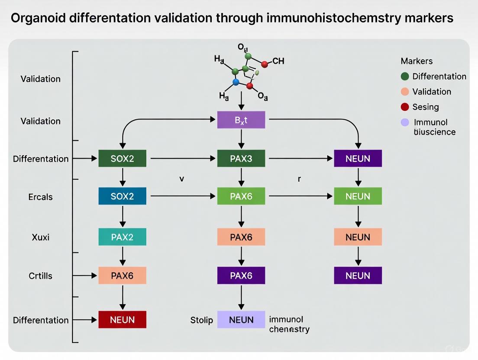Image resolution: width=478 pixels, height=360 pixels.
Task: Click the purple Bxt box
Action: (241, 120)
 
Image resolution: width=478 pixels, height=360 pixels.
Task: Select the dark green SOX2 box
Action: (122, 158)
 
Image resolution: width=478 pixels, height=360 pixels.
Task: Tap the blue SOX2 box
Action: (122, 196)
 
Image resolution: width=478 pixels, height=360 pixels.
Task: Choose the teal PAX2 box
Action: (122, 237)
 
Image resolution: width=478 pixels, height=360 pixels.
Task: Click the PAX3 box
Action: (241, 158)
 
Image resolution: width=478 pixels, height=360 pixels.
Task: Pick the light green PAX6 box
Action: (241, 196)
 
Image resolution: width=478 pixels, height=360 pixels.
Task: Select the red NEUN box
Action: (122, 320)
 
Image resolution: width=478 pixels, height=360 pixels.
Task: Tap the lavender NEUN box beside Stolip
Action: (241, 320)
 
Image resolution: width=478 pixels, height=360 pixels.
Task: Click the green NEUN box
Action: (358, 196)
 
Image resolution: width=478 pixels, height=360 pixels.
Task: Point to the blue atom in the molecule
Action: (236, 81)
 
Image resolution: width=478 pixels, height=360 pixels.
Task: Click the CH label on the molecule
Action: (278, 61)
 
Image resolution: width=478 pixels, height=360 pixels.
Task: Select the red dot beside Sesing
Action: (405, 107)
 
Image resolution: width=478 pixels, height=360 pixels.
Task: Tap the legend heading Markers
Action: (417, 61)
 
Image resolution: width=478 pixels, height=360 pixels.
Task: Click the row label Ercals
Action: (40, 197)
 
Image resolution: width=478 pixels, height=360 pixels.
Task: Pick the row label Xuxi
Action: (40, 237)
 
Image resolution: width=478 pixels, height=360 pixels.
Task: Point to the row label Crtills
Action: (40, 276)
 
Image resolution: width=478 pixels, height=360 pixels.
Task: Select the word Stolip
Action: (202, 320)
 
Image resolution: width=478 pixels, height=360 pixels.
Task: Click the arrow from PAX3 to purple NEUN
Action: (299, 159)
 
